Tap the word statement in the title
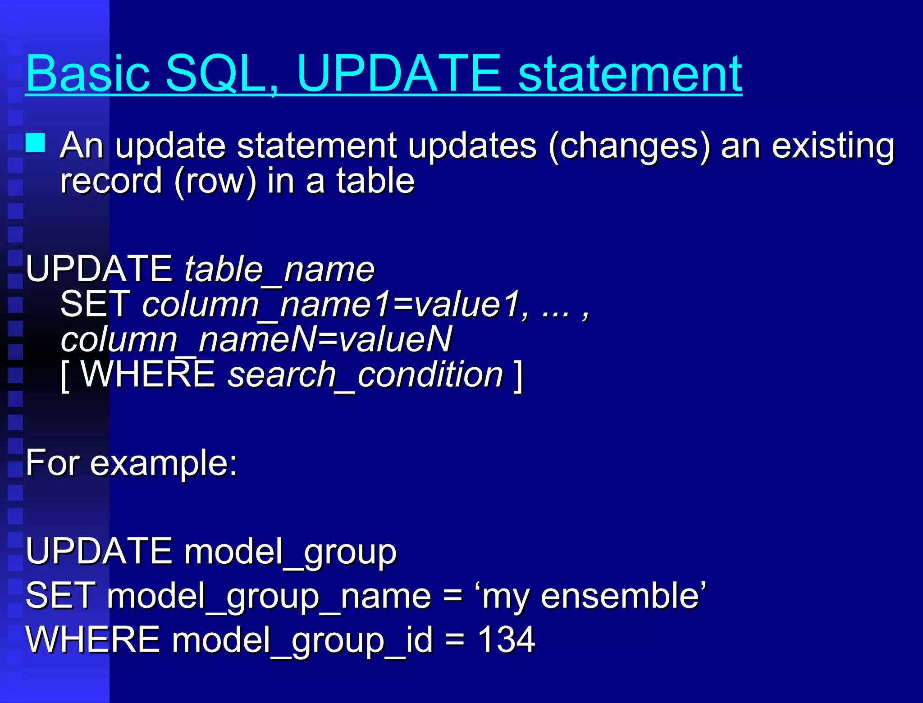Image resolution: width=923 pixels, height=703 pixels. tap(630, 73)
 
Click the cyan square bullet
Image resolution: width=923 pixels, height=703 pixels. tap(35, 143)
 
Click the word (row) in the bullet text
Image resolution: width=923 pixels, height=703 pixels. tap(215, 181)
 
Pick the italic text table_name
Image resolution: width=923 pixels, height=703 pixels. tap(279, 269)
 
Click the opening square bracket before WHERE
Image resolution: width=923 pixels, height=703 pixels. tap(65, 375)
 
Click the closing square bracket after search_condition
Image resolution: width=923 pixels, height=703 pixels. tap(518, 375)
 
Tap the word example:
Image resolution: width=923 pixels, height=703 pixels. tap(164, 463)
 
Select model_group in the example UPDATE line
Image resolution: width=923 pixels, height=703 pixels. tap(290, 552)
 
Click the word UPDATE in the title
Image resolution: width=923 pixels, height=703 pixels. tap(399, 73)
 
